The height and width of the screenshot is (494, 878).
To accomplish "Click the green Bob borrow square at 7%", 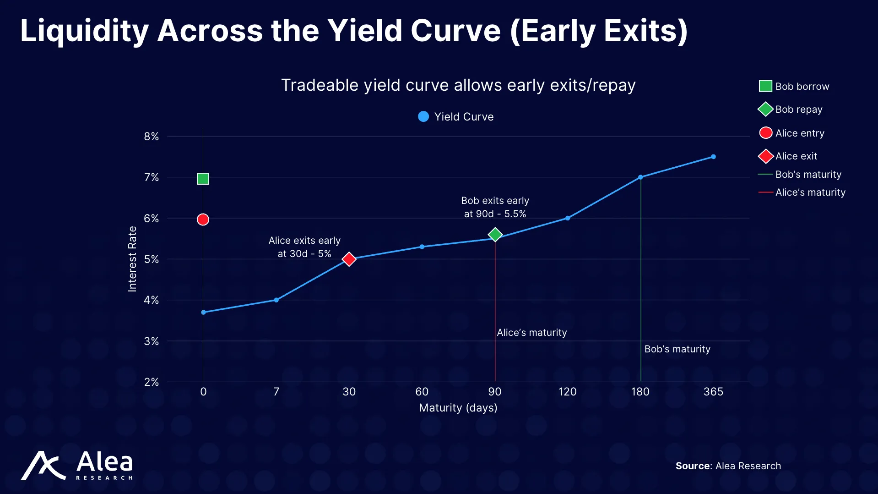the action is click(x=203, y=179).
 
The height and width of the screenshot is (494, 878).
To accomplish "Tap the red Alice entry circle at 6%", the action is click(x=203, y=220).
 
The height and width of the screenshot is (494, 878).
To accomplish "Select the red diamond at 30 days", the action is click(x=349, y=259).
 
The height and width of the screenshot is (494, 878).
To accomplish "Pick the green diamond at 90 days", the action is click(x=495, y=235).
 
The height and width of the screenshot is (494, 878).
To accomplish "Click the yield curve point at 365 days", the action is click(x=713, y=157).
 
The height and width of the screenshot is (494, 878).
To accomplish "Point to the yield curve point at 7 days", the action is click(x=276, y=300).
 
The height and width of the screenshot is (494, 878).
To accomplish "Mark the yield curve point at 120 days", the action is click(x=568, y=218).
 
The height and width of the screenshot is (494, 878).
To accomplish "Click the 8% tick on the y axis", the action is click(x=151, y=137).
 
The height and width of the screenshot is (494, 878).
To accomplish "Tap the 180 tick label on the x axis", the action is click(x=640, y=392).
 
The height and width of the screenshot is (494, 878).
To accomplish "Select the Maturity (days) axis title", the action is click(x=458, y=408).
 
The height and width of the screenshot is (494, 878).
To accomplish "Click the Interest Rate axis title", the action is click(x=132, y=259).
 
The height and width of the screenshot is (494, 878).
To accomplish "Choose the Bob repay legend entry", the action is click(x=798, y=110).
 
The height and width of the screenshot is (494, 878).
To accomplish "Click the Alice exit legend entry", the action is click(x=796, y=156).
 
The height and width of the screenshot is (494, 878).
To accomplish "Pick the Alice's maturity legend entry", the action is click(x=810, y=192).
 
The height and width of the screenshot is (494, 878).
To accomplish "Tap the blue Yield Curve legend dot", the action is click(x=423, y=117).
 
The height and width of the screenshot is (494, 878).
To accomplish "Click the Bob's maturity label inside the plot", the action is click(x=677, y=349).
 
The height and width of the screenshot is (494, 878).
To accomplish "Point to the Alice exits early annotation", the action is click(x=304, y=247).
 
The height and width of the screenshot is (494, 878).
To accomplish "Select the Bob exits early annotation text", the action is click(x=495, y=207).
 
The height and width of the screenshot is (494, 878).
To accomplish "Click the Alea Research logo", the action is click(x=77, y=465).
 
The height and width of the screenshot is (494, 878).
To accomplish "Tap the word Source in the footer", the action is click(x=693, y=466).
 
